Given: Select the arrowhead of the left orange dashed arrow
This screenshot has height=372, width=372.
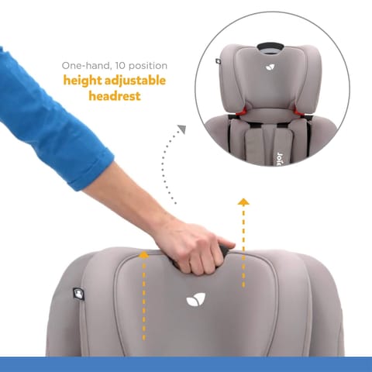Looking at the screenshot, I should tap(143, 253).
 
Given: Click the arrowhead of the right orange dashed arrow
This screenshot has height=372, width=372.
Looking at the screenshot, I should tap(243, 202).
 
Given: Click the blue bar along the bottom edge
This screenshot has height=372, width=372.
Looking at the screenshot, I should tap(186, 364).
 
